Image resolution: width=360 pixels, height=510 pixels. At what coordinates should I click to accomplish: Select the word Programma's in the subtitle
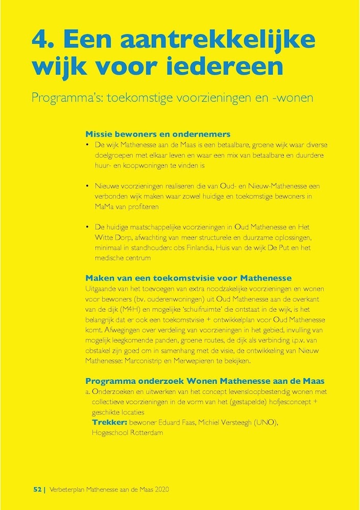tap(61, 97)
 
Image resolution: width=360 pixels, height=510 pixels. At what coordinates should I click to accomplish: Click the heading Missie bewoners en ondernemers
tap(158, 134)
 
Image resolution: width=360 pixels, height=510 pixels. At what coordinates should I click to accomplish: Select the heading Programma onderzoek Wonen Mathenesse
tap(205, 381)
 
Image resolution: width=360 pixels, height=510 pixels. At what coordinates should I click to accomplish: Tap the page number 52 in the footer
tap(37, 489)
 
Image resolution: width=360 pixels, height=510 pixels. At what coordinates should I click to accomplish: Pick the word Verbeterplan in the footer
tap(68, 489)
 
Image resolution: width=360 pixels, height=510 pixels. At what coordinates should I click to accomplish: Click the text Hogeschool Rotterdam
tap(127, 433)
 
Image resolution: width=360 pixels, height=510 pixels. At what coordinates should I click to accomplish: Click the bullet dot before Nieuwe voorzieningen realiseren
tap(88, 187)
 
